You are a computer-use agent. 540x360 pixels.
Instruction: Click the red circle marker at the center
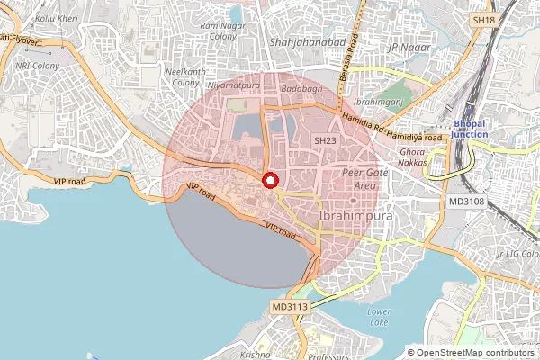click(269, 180)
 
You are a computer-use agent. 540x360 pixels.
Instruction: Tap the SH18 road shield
click(484, 20)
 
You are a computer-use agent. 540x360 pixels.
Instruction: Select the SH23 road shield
click(325, 140)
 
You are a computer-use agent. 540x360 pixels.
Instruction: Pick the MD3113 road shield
click(290, 308)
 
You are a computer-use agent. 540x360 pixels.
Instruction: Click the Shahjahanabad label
click(302, 41)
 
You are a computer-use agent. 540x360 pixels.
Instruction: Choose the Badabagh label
click(301, 90)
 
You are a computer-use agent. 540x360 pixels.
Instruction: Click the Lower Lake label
click(379, 316)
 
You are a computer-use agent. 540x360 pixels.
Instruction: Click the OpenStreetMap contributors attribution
click(473, 352)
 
